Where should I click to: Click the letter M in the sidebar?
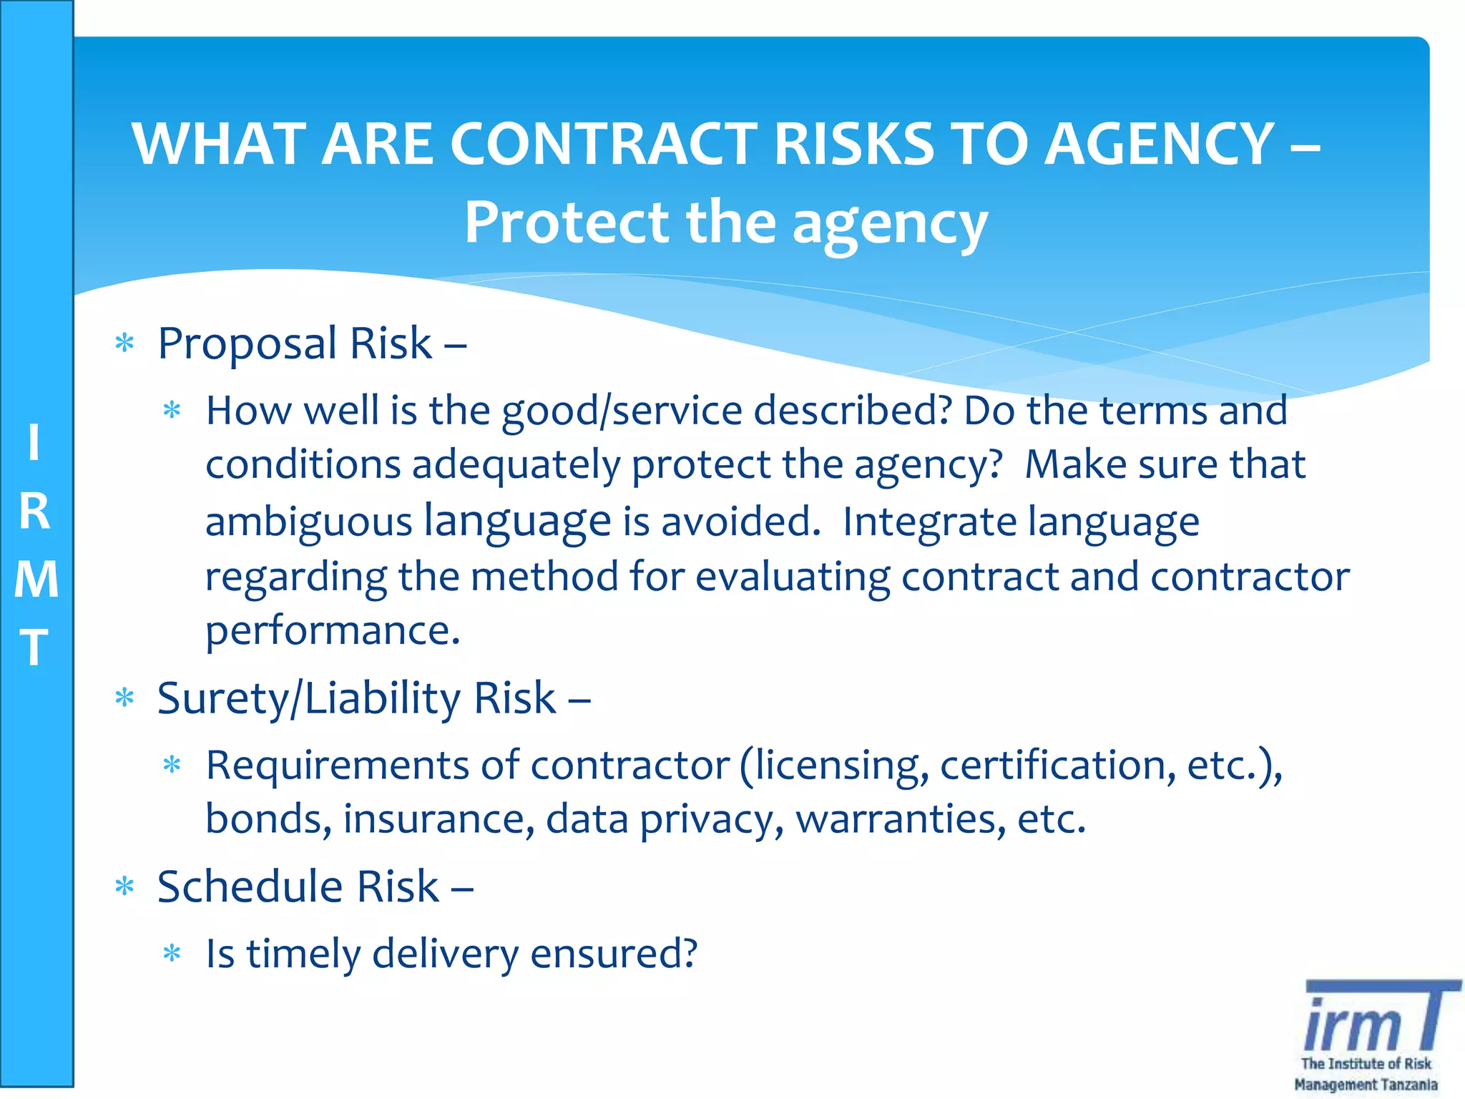tap(36, 580)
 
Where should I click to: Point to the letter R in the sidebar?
tap(34, 512)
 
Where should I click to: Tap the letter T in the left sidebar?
tap(34, 647)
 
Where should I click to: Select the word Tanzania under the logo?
tap(1408, 1085)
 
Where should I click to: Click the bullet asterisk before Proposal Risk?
tap(125, 343)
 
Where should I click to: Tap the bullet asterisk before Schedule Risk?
tap(125, 887)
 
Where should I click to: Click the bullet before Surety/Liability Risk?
tap(125, 698)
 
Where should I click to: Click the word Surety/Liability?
tap(308, 699)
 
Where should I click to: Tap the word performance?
tap(333, 630)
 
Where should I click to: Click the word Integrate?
tap(930, 522)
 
